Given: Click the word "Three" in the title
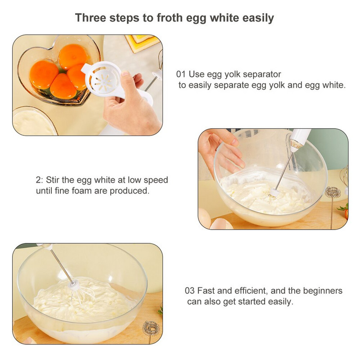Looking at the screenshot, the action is pyautogui.click(x=90, y=18).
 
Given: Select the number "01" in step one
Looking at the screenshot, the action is pyautogui.click(x=181, y=74).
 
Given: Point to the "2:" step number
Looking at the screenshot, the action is pyautogui.click(x=39, y=180).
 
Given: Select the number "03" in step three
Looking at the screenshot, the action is pyautogui.click(x=189, y=291).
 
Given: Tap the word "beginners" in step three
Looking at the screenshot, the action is pyautogui.click(x=323, y=291).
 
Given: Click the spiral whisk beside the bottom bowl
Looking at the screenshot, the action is pyautogui.click(x=151, y=329).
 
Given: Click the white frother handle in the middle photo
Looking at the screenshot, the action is pyautogui.click(x=298, y=139).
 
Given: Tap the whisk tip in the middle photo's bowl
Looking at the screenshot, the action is pyautogui.click(x=274, y=193).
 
